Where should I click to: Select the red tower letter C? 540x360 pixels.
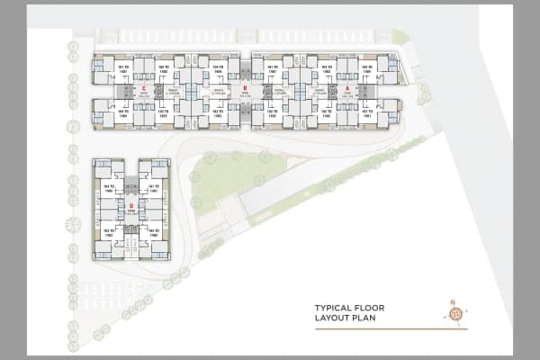[x=142, y=87]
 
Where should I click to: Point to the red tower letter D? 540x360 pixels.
[x=131, y=206]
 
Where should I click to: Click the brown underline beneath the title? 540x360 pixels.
[x=378, y=328]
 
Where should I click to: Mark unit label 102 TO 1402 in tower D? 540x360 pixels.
[x=154, y=231]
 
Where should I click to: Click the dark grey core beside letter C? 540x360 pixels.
[x=158, y=91]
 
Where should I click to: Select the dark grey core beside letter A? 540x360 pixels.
[x=364, y=91]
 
